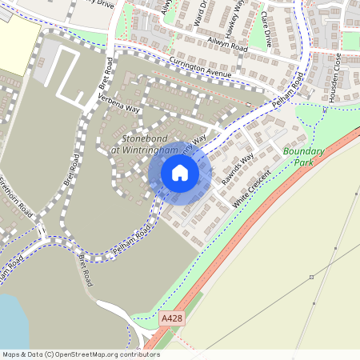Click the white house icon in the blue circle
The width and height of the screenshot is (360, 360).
(x=180, y=172)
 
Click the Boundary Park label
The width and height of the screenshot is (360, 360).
(x=304, y=156)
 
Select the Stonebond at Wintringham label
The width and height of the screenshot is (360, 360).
(x=144, y=144)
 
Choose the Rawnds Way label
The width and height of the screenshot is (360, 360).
(x=238, y=168)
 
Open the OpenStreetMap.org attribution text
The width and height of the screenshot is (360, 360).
(x=80, y=354)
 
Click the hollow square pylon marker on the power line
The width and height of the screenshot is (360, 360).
(x=311, y=277)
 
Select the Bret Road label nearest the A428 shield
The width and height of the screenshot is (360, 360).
(x=84, y=269)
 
